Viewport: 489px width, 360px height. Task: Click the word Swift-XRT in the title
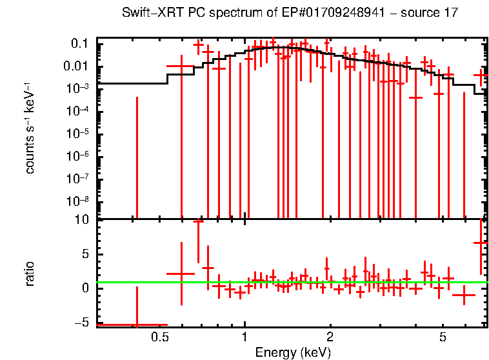pos(147,14)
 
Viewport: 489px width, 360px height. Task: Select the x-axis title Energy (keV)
pos(293,352)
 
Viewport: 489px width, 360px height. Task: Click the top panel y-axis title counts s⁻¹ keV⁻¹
pos(30,129)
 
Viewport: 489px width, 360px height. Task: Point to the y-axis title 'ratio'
pos(30,274)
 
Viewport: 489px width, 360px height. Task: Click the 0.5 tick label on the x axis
pos(159,337)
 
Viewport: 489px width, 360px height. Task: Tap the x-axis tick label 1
pos(245,337)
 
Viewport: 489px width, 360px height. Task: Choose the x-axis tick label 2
pos(330,337)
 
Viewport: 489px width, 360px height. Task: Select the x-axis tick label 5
pos(443,337)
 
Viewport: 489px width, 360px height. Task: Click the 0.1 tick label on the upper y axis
pos(79,43)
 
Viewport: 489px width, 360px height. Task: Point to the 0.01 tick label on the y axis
pos(76,66)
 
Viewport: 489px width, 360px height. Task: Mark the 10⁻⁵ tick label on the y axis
pos(78,133)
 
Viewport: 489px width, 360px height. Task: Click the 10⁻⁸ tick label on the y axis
pos(78,201)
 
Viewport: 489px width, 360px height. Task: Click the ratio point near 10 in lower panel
pos(198,221)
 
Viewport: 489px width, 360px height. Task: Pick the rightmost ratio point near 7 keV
pos(481,243)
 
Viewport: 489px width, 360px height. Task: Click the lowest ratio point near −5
pos(136,325)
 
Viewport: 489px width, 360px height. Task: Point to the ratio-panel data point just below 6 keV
pos(463,295)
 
